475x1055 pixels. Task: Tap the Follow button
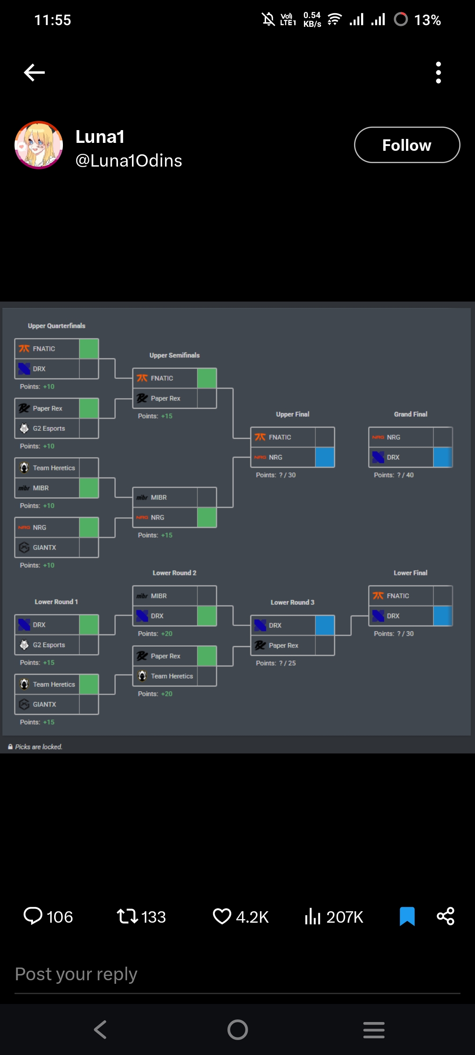pyautogui.click(x=407, y=145)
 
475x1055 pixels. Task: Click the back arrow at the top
pyautogui.click(x=34, y=73)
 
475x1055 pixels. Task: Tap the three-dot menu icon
pyautogui.click(x=438, y=73)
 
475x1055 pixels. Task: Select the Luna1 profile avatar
pyautogui.click(x=39, y=145)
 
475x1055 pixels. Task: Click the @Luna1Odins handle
pyautogui.click(x=128, y=161)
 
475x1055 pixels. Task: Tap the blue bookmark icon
pyautogui.click(x=407, y=917)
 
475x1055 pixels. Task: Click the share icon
pyautogui.click(x=445, y=917)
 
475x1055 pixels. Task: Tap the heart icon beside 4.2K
pyautogui.click(x=222, y=917)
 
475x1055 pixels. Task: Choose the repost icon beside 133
pyautogui.click(x=127, y=917)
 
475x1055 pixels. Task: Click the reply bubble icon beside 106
pyautogui.click(x=33, y=917)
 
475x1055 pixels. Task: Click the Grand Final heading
pyautogui.click(x=410, y=414)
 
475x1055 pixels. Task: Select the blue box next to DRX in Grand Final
pyautogui.click(x=442, y=457)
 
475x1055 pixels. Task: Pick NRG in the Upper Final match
pyautogui.click(x=275, y=457)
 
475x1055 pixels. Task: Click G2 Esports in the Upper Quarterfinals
pyautogui.click(x=49, y=429)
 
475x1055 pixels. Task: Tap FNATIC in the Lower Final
pyautogui.click(x=398, y=596)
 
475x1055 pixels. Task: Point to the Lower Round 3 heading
pyautogui.click(x=292, y=602)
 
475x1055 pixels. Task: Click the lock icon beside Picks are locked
pyautogui.click(x=10, y=747)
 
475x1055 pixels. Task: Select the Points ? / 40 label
pyautogui.click(x=394, y=475)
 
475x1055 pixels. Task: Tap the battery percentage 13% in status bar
pyautogui.click(x=427, y=20)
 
